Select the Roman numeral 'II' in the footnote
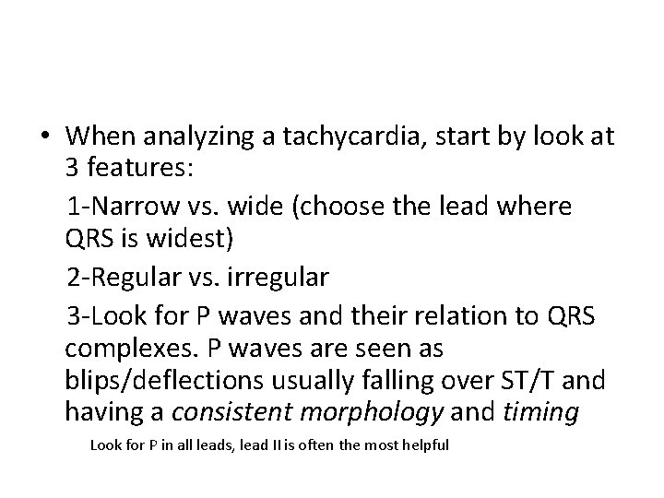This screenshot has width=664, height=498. pos(254,445)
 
